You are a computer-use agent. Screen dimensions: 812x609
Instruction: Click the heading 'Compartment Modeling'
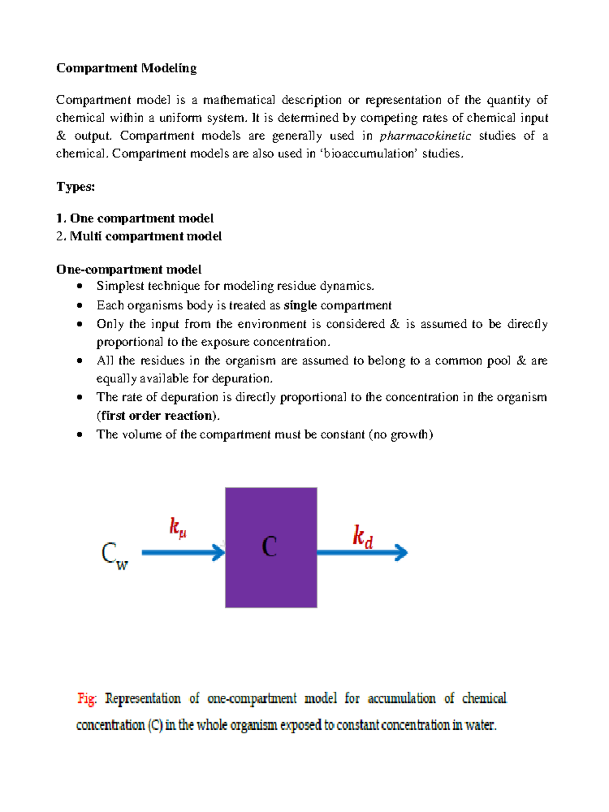[126, 68]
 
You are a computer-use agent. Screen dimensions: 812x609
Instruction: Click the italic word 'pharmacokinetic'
[425, 136]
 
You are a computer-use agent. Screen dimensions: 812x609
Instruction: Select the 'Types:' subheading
[76, 187]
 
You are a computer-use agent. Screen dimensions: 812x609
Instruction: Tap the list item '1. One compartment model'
[135, 218]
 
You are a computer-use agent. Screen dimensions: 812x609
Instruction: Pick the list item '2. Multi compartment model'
[139, 236]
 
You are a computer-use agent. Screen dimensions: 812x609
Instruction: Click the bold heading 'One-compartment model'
[129, 269]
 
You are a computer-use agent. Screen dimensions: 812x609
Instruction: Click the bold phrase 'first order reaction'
[158, 416]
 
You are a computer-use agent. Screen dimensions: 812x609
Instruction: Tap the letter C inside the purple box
[269, 547]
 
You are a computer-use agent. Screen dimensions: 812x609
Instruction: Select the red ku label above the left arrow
[178, 527]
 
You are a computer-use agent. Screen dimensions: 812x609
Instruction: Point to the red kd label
[363, 537]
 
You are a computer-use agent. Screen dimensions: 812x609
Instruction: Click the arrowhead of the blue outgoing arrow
[401, 552]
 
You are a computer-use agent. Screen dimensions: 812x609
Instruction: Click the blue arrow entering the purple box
[183, 552]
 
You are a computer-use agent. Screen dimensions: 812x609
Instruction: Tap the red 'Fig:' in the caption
[87, 699]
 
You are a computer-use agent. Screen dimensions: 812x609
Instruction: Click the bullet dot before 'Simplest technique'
[79, 286]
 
